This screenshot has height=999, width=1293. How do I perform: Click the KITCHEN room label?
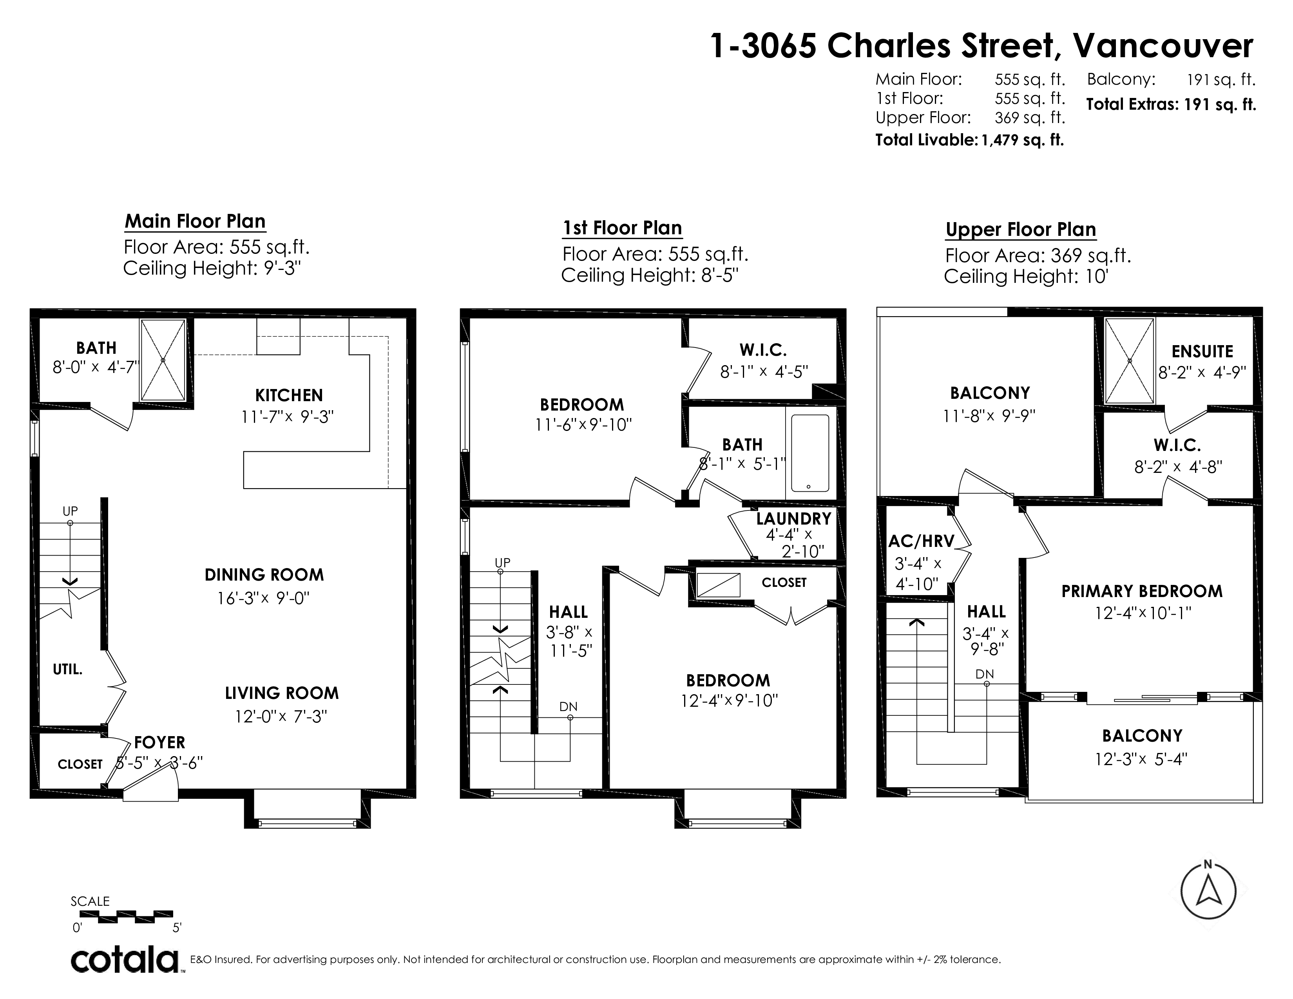tap(289, 395)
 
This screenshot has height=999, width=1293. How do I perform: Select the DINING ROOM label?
tap(264, 575)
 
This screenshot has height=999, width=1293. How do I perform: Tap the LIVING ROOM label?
tap(282, 693)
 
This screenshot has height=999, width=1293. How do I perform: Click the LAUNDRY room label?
tap(793, 518)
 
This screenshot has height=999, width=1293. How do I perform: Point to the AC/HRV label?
tap(921, 541)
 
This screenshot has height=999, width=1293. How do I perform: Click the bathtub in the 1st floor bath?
tap(810, 453)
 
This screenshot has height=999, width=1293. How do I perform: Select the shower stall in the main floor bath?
tap(163, 360)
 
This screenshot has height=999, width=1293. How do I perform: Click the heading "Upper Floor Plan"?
tap(1021, 230)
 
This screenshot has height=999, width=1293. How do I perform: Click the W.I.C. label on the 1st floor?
tap(763, 350)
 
